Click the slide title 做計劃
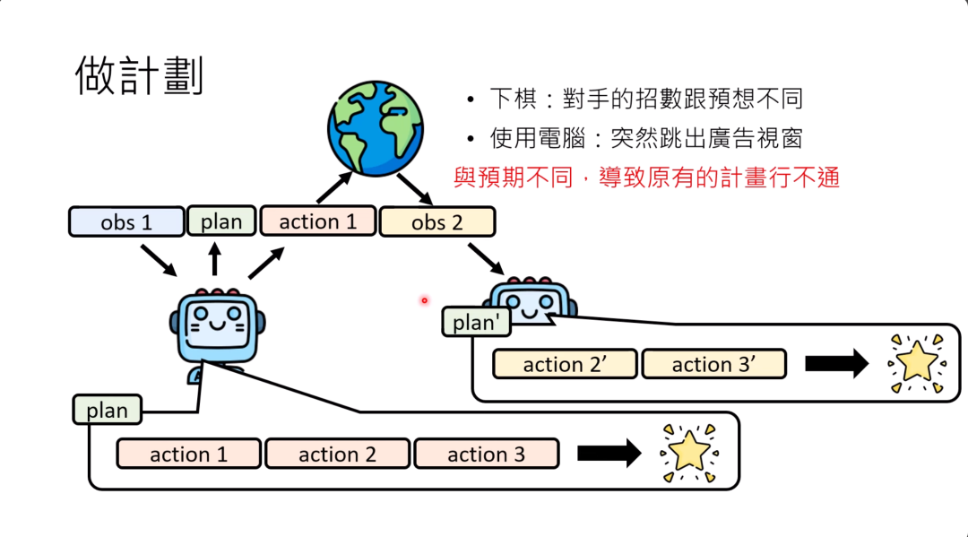click(x=140, y=76)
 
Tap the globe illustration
click(x=376, y=127)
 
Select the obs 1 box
click(x=126, y=221)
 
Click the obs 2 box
click(x=436, y=221)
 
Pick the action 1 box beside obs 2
click(x=318, y=221)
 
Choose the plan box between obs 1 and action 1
click(x=221, y=221)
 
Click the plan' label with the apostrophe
click(x=475, y=322)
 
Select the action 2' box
click(x=565, y=364)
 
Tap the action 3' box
click(x=713, y=364)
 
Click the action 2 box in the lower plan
click(x=337, y=455)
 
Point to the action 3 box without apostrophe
click(x=486, y=455)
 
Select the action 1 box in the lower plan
click(x=188, y=455)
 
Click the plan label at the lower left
click(x=107, y=411)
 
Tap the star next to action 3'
click(x=916, y=363)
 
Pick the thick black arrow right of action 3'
click(x=836, y=364)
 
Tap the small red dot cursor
click(x=425, y=300)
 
